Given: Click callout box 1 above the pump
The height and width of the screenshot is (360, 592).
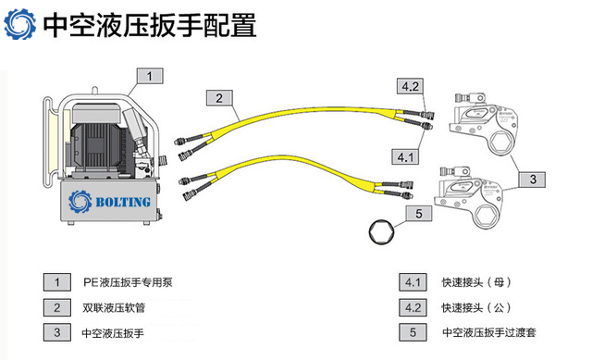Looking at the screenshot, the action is [150, 76].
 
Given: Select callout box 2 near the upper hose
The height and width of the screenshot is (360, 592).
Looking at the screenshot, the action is [219, 98].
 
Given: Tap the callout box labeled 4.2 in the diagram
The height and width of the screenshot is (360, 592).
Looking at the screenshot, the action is [410, 86].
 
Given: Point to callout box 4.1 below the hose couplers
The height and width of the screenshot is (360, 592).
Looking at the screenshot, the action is [405, 156].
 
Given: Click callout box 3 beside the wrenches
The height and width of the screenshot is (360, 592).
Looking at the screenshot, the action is [533, 179].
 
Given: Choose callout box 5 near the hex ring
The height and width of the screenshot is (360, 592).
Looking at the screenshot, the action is [419, 214].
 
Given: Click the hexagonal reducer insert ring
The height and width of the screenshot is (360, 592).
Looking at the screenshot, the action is [381, 231].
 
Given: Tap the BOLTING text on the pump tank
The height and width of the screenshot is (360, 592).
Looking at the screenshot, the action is [123, 202].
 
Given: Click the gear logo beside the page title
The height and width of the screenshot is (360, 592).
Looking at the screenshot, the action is [20, 24].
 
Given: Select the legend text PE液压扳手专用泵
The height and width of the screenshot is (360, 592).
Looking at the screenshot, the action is [128, 282].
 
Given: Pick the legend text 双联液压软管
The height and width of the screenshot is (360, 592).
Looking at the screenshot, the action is [114, 307].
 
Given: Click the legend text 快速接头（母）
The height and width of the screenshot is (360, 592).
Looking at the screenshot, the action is [476, 282].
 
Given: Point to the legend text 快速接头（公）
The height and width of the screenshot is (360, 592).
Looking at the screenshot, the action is [476, 307].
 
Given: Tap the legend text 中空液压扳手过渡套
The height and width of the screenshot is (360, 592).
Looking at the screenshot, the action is [489, 332].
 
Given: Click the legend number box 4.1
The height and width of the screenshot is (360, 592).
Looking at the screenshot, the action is [413, 282].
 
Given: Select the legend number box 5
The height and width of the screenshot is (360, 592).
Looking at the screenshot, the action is [413, 332].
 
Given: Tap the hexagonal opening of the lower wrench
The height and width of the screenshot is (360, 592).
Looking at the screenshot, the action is [485, 216].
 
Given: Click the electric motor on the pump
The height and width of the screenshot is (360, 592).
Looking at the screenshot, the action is [97, 141].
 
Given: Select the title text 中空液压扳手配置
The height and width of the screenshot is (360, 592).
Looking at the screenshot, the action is [150, 25].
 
